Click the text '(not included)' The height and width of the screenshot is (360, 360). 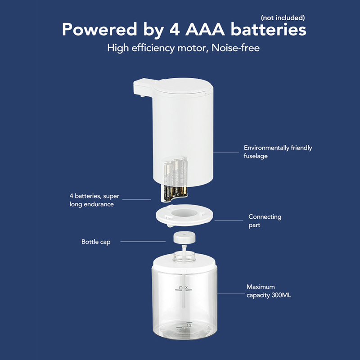[x=283, y=18]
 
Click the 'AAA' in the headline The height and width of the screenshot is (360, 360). [x=205, y=29]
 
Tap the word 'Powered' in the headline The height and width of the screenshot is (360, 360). [x=99, y=29]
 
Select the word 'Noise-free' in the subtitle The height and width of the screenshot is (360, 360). [x=235, y=48]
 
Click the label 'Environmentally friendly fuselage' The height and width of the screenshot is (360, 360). [x=278, y=152]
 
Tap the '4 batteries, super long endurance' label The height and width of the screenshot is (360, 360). [x=94, y=200]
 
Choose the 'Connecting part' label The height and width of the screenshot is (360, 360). [x=265, y=221]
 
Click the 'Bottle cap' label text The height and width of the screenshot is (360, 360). [x=96, y=242]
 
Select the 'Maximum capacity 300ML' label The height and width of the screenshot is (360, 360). [x=269, y=291]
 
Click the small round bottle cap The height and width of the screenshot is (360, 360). [x=184, y=238]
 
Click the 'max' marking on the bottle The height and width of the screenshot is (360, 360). [x=184, y=287]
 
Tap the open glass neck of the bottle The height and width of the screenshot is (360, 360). [x=184, y=256]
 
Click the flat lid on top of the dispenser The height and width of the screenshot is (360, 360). [x=183, y=86]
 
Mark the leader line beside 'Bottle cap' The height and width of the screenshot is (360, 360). [x=143, y=242]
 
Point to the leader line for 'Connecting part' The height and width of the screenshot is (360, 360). [x=229, y=220]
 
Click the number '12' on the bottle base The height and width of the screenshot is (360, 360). [x=189, y=325]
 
